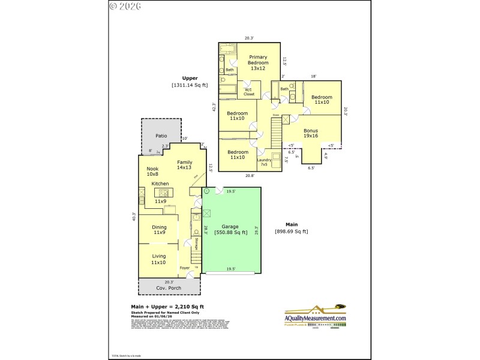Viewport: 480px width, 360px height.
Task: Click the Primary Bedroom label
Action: (x=258, y=62)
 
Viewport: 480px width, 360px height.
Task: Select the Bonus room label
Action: (x=311, y=133)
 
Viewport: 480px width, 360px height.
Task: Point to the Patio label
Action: (x=161, y=136)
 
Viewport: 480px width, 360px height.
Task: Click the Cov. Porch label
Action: (x=169, y=287)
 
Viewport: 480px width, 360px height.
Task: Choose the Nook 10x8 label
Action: (x=153, y=172)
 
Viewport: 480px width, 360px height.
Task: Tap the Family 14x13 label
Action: (x=184, y=165)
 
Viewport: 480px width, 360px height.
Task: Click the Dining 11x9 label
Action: (x=159, y=229)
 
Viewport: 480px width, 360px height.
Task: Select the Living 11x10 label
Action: (x=158, y=259)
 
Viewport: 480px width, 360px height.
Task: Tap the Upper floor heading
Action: (x=190, y=78)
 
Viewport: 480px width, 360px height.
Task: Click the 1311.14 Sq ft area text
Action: (x=190, y=85)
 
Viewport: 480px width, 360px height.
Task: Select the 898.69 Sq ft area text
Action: (x=292, y=232)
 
